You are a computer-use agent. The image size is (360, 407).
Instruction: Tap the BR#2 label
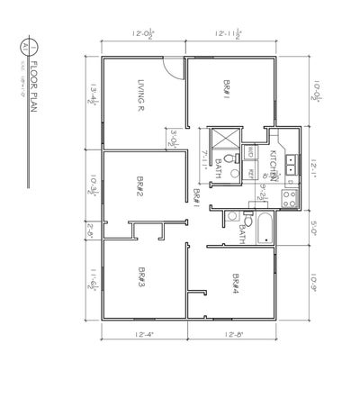[x=141, y=187]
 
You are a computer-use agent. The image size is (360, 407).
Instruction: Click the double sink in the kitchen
[x=291, y=164]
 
